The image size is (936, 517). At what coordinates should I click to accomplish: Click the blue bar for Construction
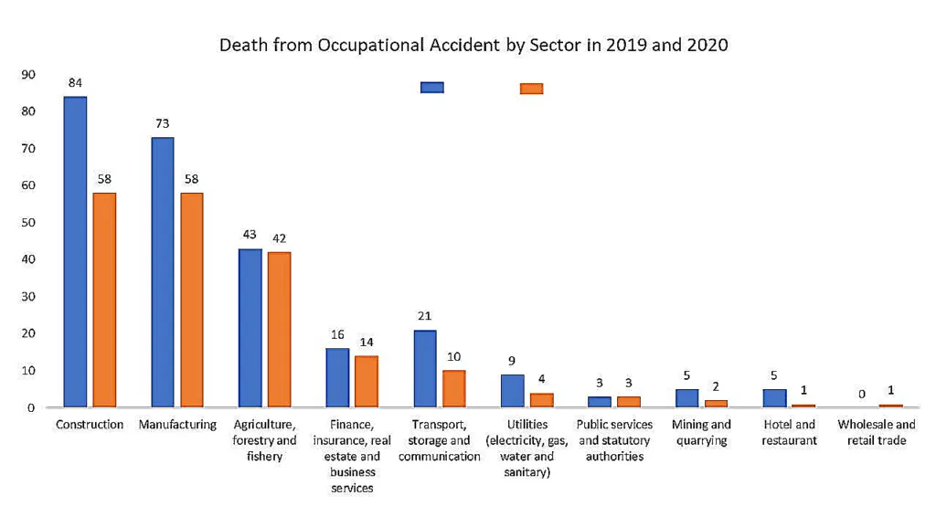click(75, 251)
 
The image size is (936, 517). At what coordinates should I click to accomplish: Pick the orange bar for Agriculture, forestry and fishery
click(279, 329)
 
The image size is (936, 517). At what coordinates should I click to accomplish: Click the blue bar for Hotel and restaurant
click(775, 397)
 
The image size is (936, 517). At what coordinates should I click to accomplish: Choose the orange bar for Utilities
click(541, 400)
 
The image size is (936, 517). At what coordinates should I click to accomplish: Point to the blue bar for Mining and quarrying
click(687, 397)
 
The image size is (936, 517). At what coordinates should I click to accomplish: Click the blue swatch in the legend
click(431, 88)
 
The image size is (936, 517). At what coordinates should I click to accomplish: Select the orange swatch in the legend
click(531, 89)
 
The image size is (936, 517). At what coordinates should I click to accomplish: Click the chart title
click(473, 45)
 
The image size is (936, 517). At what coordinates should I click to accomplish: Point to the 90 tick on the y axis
click(29, 74)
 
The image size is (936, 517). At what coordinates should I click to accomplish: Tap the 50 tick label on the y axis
click(29, 223)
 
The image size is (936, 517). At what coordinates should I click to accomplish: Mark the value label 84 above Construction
click(75, 82)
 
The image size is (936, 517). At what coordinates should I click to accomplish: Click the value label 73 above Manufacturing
click(162, 123)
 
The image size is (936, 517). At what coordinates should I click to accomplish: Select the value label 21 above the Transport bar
click(425, 316)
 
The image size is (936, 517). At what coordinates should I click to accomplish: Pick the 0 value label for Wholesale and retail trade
click(861, 394)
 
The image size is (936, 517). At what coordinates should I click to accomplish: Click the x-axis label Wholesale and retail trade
click(876, 433)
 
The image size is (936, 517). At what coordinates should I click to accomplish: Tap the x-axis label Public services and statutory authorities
click(615, 440)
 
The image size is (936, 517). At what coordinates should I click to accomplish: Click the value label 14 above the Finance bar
click(367, 342)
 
